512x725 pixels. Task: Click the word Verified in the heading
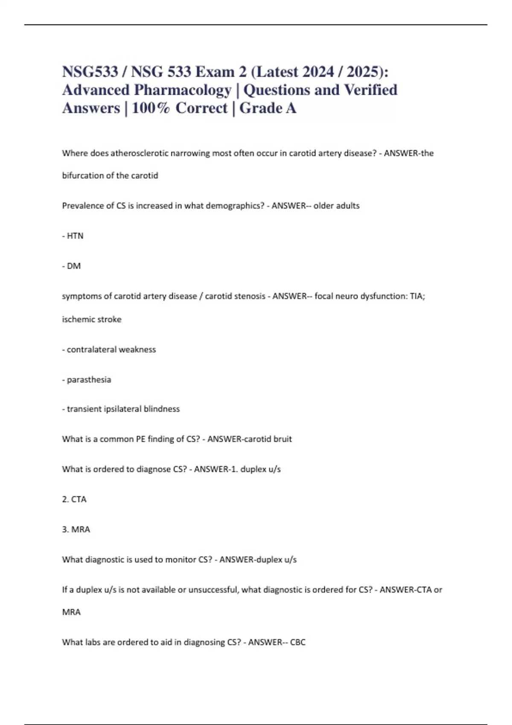point(370,90)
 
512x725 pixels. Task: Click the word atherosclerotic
point(140,153)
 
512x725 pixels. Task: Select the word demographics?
point(235,206)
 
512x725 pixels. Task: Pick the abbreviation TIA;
point(417,296)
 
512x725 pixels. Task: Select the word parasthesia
point(89,380)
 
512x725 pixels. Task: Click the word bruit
point(282,439)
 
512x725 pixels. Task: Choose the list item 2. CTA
point(74,499)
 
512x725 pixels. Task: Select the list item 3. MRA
point(76,529)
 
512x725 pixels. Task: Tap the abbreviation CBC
point(298,642)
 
